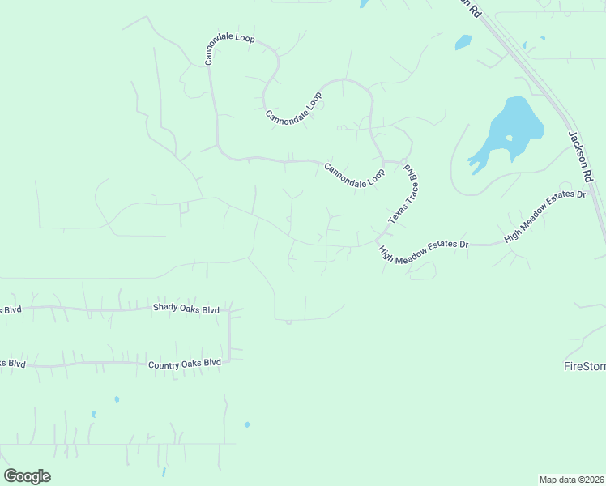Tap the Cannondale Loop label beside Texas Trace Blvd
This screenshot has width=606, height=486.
tap(354, 176)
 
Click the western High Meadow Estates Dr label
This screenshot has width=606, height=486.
tap(424, 250)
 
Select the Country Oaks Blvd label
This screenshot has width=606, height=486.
tap(185, 364)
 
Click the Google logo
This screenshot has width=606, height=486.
tap(28, 476)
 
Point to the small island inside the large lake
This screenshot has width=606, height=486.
tap(509, 138)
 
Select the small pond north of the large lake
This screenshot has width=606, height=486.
tap(463, 41)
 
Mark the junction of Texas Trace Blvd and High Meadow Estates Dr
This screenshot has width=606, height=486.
tap(379, 239)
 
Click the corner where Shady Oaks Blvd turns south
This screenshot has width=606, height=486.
tap(230, 311)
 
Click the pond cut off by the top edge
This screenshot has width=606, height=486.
tap(365, 3)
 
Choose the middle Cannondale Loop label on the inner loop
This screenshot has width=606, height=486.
tap(293, 107)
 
